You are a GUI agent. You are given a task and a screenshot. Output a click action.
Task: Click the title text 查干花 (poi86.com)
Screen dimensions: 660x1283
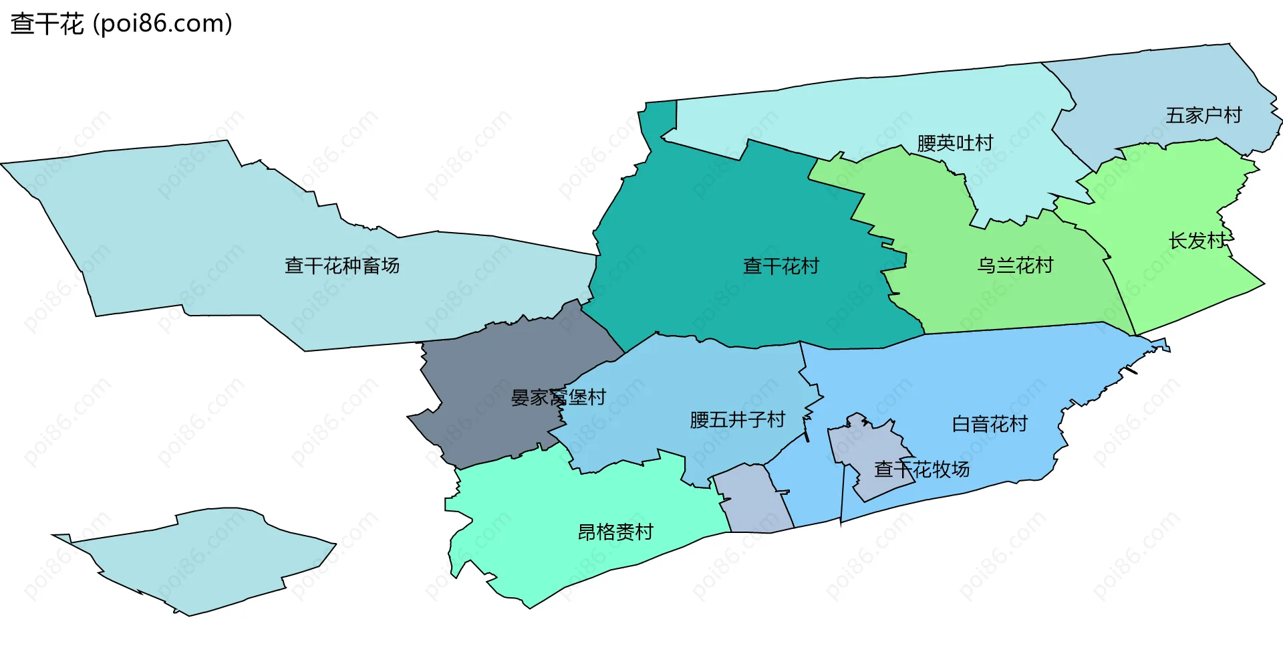(121, 24)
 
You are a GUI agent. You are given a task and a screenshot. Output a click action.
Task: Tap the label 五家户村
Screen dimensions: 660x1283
(1203, 116)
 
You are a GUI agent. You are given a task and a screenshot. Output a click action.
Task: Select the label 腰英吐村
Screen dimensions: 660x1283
(954, 143)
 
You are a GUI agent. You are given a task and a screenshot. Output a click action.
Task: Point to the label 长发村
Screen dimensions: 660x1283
(1197, 241)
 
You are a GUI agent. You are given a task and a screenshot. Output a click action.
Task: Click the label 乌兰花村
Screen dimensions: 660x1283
(1014, 266)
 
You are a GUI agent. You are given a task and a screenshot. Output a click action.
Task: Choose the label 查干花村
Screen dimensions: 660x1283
(780, 267)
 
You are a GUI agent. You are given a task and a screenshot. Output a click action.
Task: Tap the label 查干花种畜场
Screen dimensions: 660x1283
(341, 266)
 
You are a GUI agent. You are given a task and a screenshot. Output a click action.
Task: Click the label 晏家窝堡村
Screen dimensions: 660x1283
(558, 398)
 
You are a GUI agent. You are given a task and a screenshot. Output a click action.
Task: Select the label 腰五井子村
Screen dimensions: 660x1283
(736, 420)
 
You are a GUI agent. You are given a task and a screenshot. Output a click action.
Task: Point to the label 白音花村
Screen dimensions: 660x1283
(989, 424)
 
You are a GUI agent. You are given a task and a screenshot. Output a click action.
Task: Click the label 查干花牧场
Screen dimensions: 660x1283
(921, 469)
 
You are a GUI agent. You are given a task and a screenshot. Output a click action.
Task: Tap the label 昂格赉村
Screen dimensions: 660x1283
(615, 532)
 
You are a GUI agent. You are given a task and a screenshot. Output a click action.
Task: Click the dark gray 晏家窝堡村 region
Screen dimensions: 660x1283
(488, 374)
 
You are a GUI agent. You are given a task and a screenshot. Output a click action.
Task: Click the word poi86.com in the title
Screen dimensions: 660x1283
(162, 24)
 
